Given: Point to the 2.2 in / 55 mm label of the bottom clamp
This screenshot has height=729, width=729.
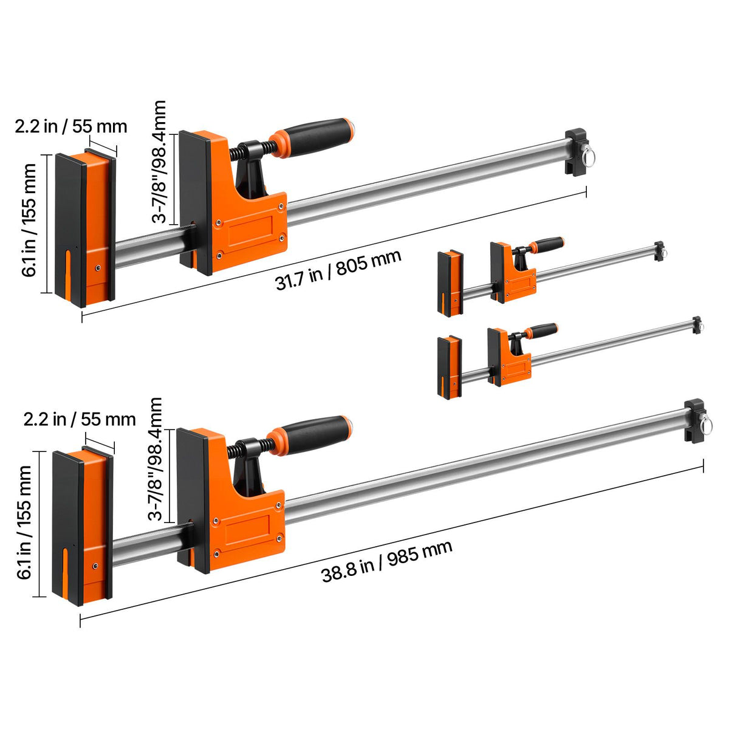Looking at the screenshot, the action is pyautogui.click(x=80, y=419).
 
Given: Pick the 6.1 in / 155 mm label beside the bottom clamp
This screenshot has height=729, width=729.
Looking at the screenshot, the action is pyautogui.click(x=24, y=522).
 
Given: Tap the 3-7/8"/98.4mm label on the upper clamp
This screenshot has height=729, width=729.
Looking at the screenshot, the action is pyautogui.click(x=159, y=162).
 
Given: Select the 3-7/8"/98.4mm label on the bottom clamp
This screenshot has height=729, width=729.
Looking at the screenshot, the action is pyautogui.click(x=155, y=459).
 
